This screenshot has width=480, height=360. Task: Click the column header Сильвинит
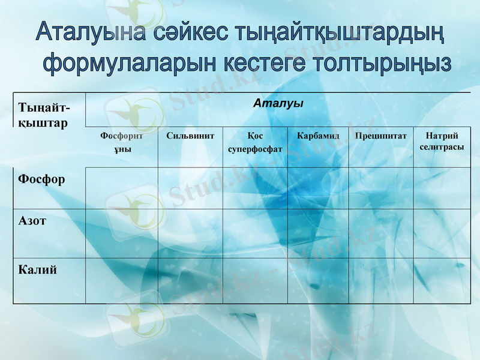point(190,136)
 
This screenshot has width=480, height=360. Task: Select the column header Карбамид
point(318,136)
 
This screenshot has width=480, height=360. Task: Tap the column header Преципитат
point(380,136)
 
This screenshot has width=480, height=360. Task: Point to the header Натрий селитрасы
point(442,141)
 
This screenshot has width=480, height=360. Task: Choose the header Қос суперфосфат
point(255,142)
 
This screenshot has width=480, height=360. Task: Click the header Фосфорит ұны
point(122,142)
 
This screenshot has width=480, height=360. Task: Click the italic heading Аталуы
point(278,103)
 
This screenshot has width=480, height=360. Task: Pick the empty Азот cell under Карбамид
point(318,233)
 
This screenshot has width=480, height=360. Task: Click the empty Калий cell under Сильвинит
point(190,281)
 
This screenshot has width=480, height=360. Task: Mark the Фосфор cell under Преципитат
point(380,188)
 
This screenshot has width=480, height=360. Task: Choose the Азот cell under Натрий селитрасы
point(442,233)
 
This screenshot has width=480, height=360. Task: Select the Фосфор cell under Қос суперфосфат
point(255,188)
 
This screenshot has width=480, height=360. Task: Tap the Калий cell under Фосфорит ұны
point(122,281)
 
